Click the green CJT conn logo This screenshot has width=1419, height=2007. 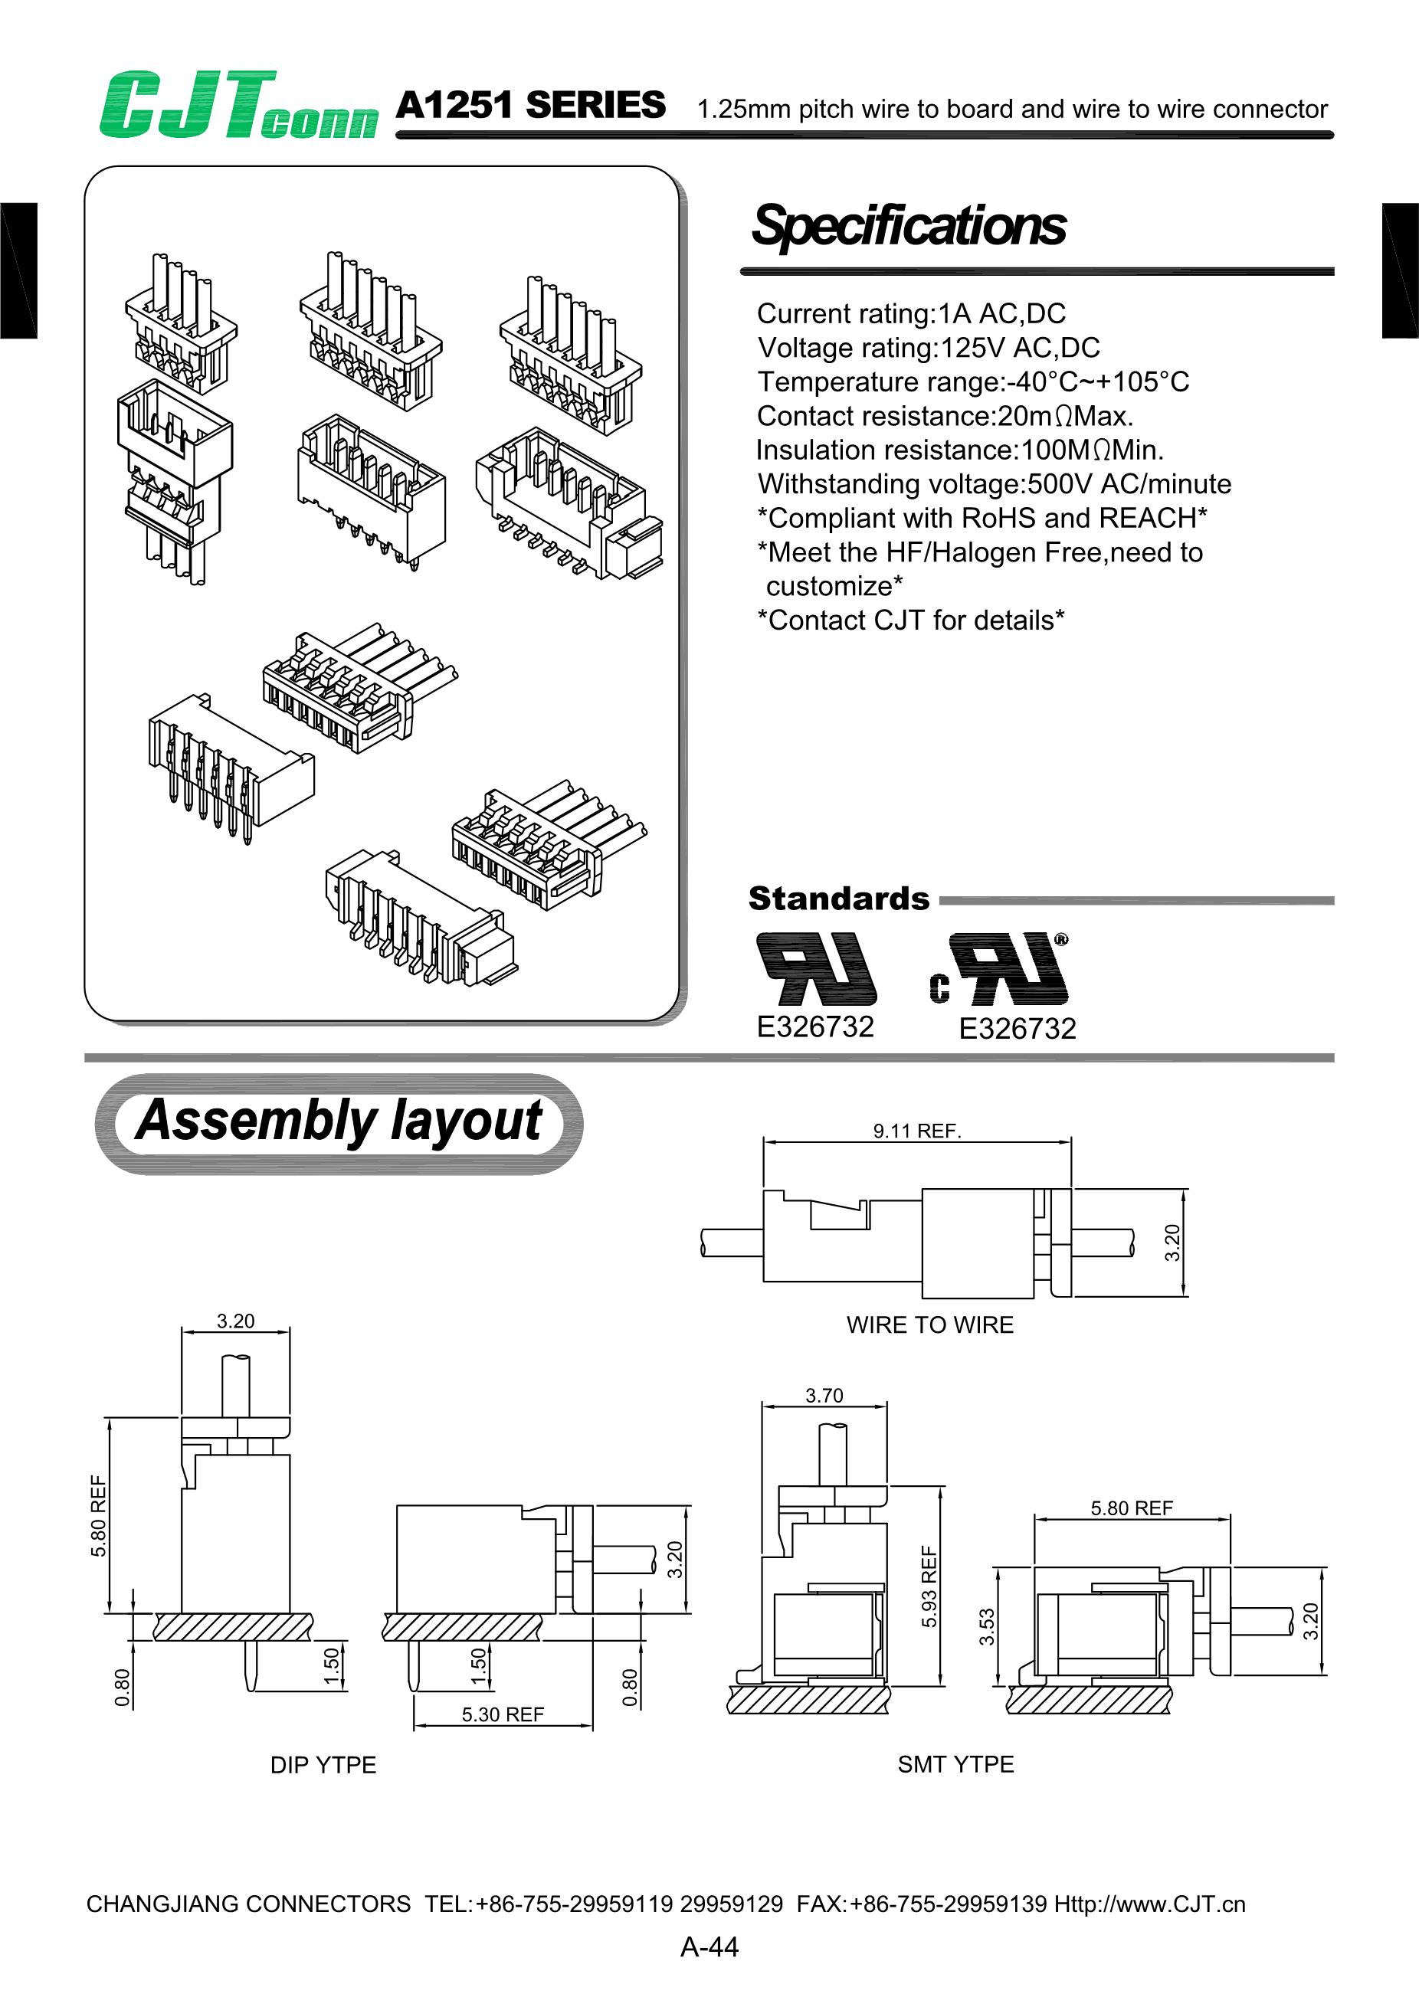(238, 106)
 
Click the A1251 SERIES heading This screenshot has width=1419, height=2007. (530, 105)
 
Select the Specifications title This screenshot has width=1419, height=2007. (909, 225)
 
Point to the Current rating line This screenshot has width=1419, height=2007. (910, 313)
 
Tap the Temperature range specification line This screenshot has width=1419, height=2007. (972, 381)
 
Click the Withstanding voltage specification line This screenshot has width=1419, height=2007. (993, 483)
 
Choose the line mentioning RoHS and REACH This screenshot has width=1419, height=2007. (981, 518)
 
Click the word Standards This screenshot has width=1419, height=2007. (838, 898)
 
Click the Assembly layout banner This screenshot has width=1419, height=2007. (339, 1121)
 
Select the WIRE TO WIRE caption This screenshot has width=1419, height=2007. (929, 1324)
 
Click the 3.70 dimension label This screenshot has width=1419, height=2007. (824, 1395)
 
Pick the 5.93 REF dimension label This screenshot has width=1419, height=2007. (929, 1586)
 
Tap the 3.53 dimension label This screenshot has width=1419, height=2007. (986, 1627)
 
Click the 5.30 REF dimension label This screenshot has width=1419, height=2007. (503, 1714)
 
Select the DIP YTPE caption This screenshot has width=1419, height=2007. (323, 1765)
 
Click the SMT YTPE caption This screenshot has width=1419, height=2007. (955, 1764)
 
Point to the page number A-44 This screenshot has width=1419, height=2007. (709, 1946)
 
